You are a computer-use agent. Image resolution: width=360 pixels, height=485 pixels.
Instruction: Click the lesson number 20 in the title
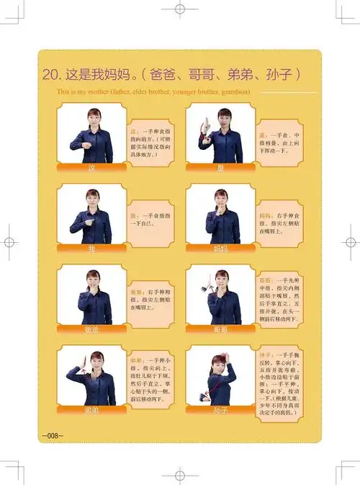coord(50,74)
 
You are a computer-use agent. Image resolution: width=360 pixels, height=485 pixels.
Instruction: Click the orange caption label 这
coord(91,168)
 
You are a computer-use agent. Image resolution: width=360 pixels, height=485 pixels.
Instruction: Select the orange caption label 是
coord(220,168)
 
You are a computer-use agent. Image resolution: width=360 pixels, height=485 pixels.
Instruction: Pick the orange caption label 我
coord(91,249)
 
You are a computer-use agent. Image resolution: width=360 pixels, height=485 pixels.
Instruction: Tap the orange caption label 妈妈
coord(220,249)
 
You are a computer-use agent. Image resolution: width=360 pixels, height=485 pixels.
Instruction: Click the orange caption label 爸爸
coord(91,329)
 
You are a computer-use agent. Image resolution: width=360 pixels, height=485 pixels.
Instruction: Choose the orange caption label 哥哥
coord(220,329)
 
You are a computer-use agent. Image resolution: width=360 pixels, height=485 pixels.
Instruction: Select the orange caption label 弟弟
coord(91,409)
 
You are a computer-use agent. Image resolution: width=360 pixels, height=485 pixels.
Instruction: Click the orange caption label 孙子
coord(220,410)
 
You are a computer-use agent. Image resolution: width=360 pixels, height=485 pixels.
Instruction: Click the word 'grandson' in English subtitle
coord(232,92)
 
